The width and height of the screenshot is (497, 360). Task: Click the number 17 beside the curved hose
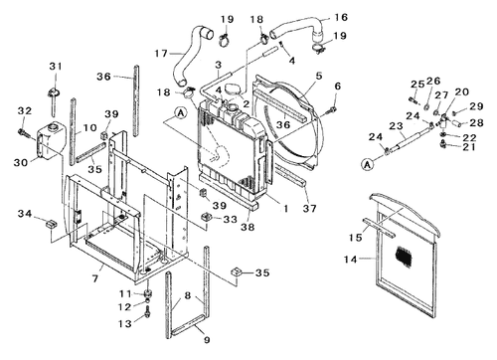pos(161,53)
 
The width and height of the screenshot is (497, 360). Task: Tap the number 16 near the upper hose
pos(341,17)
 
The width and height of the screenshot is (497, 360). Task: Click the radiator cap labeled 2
pos(233,89)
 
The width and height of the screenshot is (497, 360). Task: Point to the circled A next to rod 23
pos(367,164)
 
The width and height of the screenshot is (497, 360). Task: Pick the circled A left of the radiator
pos(181,113)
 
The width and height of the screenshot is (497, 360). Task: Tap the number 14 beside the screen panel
pos(351,259)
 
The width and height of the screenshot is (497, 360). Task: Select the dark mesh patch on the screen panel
pos(404,256)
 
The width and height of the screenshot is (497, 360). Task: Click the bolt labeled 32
pos(24,132)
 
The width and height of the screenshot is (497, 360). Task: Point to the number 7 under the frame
pos(95,278)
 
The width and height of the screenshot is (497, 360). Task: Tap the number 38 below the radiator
pos(248,227)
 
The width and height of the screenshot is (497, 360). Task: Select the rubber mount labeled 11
pos(148,293)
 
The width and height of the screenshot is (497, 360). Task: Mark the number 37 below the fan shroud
pos(309,209)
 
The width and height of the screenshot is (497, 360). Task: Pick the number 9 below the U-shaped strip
pos(207,340)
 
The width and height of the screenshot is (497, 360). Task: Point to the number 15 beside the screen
pos(355,237)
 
